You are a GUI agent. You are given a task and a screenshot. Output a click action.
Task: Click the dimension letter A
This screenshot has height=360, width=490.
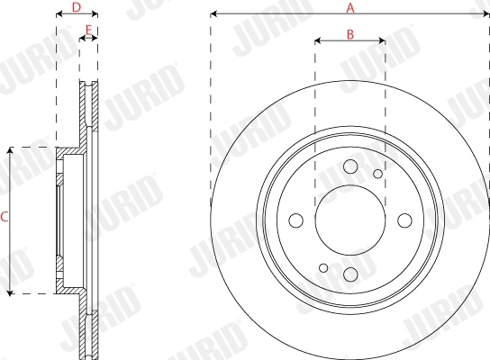point(350,7)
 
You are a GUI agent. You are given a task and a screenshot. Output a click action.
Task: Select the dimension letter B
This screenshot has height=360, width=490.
point(350,34)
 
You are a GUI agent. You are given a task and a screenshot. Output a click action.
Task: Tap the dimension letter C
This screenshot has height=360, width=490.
point(5,217)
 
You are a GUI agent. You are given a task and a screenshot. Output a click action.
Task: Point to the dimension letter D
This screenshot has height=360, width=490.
point(77,7)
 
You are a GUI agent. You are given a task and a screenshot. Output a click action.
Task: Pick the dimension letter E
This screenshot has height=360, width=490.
point(88,31)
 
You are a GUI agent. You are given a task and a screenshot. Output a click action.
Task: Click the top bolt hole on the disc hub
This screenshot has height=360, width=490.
point(350,167)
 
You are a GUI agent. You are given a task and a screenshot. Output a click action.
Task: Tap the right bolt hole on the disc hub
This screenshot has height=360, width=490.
point(404,220)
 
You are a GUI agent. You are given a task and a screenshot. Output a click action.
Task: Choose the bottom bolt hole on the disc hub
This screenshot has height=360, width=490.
point(350,274)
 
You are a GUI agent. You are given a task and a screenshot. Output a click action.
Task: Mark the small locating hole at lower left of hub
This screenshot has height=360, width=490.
point(323,268)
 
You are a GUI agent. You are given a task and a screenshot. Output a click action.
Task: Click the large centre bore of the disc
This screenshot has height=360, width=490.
point(350,220)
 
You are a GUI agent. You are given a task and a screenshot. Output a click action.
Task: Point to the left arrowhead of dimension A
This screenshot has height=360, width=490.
point(214,14)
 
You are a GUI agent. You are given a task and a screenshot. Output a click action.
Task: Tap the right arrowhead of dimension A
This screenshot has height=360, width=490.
point(485,14)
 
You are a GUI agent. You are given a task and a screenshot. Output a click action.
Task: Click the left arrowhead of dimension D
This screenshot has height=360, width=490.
point(59,14)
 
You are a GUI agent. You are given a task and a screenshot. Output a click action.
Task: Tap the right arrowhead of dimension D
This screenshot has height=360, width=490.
point(95,14)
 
